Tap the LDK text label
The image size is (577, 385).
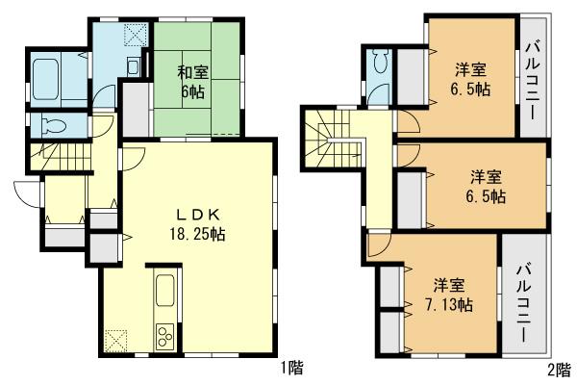tap(187, 214)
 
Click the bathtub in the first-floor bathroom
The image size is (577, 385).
tap(49, 74)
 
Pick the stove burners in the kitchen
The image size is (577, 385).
tap(163, 338)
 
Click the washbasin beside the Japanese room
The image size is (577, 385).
tap(134, 64)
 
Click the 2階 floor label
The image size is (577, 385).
tap(559, 367)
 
